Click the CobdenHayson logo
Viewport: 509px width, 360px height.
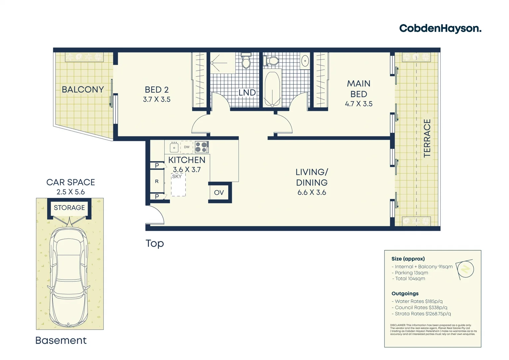point(440,29)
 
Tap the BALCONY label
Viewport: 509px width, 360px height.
point(83,90)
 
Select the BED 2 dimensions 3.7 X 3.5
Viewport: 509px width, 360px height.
point(157,99)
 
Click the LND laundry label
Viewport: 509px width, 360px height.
point(247,93)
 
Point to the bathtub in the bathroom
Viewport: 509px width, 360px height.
point(272,89)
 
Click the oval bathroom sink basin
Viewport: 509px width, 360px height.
point(305,61)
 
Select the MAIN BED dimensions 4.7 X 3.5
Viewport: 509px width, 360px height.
point(358,104)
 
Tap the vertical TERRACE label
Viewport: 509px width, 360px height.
point(427,138)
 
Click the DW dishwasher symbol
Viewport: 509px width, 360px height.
point(187,147)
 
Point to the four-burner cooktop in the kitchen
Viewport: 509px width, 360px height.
point(202,147)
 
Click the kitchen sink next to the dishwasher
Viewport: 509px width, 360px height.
point(174,147)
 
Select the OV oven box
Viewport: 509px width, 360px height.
point(219,193)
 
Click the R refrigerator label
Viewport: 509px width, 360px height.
point(157,182)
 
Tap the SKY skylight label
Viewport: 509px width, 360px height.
point(177,177)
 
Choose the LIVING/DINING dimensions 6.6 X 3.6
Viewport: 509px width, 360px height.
point(311,193)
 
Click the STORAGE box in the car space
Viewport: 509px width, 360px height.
point(69,208)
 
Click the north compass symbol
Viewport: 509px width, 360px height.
point(465,269)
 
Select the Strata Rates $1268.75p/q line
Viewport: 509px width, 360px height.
point(421,314)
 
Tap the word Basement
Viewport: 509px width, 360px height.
point(61,340)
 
